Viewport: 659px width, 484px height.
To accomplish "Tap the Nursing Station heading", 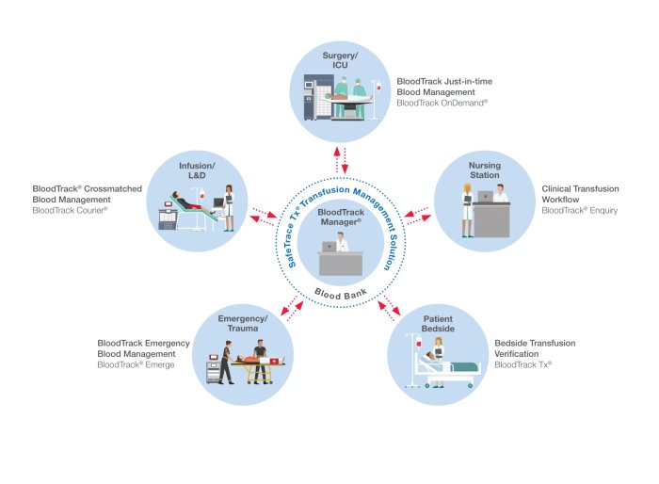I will (485, 170).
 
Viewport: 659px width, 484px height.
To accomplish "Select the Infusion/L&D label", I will (197, 170).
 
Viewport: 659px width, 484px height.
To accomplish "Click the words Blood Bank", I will (341, 293).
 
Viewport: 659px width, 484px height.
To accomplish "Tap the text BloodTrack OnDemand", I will (442, 102).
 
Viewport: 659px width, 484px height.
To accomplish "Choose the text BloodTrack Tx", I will (522, 364).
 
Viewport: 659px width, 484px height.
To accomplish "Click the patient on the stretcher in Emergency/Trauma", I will (248, 360).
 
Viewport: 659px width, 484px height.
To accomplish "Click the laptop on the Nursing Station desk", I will (487, 197).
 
